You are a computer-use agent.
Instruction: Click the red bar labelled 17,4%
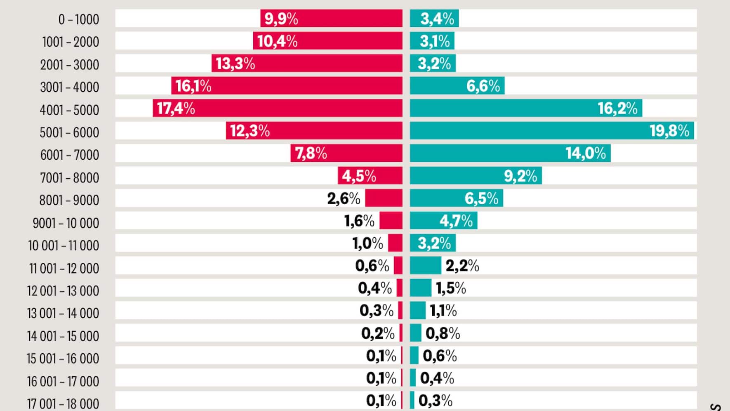(277, 108)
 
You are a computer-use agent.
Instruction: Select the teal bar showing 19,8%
(551, 131)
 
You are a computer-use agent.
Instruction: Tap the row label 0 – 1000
(78, 19)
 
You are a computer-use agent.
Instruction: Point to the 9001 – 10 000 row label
(66, 223)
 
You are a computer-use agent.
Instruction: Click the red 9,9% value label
(281, 19)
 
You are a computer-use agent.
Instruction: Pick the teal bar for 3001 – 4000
(457, 86)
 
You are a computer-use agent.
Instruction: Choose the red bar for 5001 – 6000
(314, 131)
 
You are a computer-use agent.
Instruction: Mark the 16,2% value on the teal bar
(617, 109)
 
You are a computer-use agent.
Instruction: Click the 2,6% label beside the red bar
(344, 198)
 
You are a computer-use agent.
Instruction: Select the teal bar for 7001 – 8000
(476, 176)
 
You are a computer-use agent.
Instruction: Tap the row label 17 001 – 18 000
(63, 403)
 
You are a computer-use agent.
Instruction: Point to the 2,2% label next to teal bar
(462, 266)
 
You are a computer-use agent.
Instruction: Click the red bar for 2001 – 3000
(307, 64)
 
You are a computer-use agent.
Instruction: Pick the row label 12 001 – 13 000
(63, 291)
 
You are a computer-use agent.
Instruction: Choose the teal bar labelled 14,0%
(510, 153)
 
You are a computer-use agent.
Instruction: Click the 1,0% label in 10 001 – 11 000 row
(367, 243)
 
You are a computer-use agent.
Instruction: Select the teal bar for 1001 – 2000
(432, 41)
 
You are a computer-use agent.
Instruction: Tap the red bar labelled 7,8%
(346, 153)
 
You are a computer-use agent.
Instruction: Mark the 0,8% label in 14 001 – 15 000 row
(443, 333)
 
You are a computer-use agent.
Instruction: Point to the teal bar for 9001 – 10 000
(443, 221)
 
